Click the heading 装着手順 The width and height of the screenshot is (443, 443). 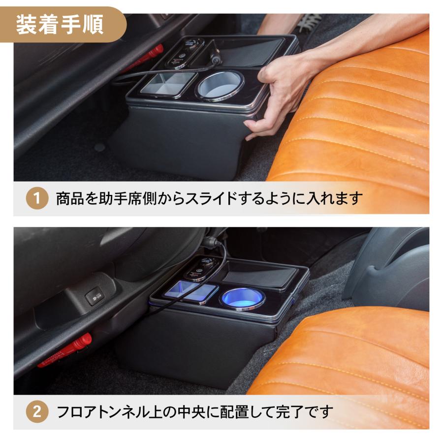click(60, 25)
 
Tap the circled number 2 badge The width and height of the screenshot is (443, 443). click(37, 411)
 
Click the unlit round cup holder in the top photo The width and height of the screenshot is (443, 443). click(220, 85)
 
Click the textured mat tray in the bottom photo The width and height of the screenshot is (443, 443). click(261, 274)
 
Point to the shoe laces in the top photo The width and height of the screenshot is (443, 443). click(308, 22)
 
